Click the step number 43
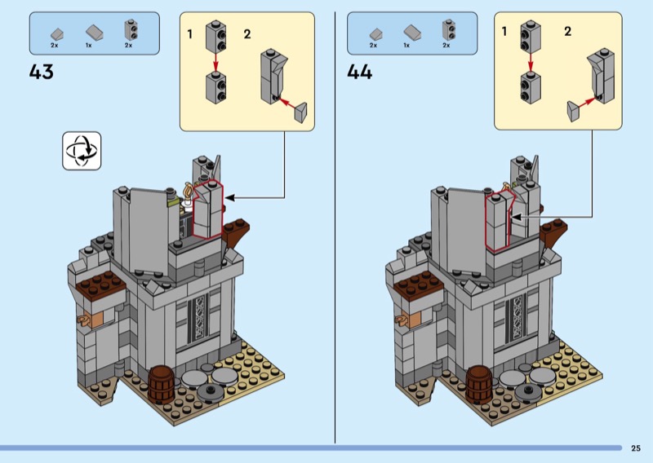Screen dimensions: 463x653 tap(41, 72)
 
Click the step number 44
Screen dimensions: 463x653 tap(359, 72)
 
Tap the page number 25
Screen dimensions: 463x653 tap(635, 448)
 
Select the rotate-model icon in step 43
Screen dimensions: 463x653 tap(82, 151)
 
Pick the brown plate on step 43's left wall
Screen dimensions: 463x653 tap(102, 284)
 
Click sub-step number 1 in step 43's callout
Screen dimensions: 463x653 tap(189, 33)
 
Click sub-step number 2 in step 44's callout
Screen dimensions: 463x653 tap(567, 32)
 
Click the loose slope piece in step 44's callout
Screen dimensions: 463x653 tap(572, 108)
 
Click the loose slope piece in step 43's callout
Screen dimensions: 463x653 tap(300, 109)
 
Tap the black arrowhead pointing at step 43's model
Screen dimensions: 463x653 tap(229, 196)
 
